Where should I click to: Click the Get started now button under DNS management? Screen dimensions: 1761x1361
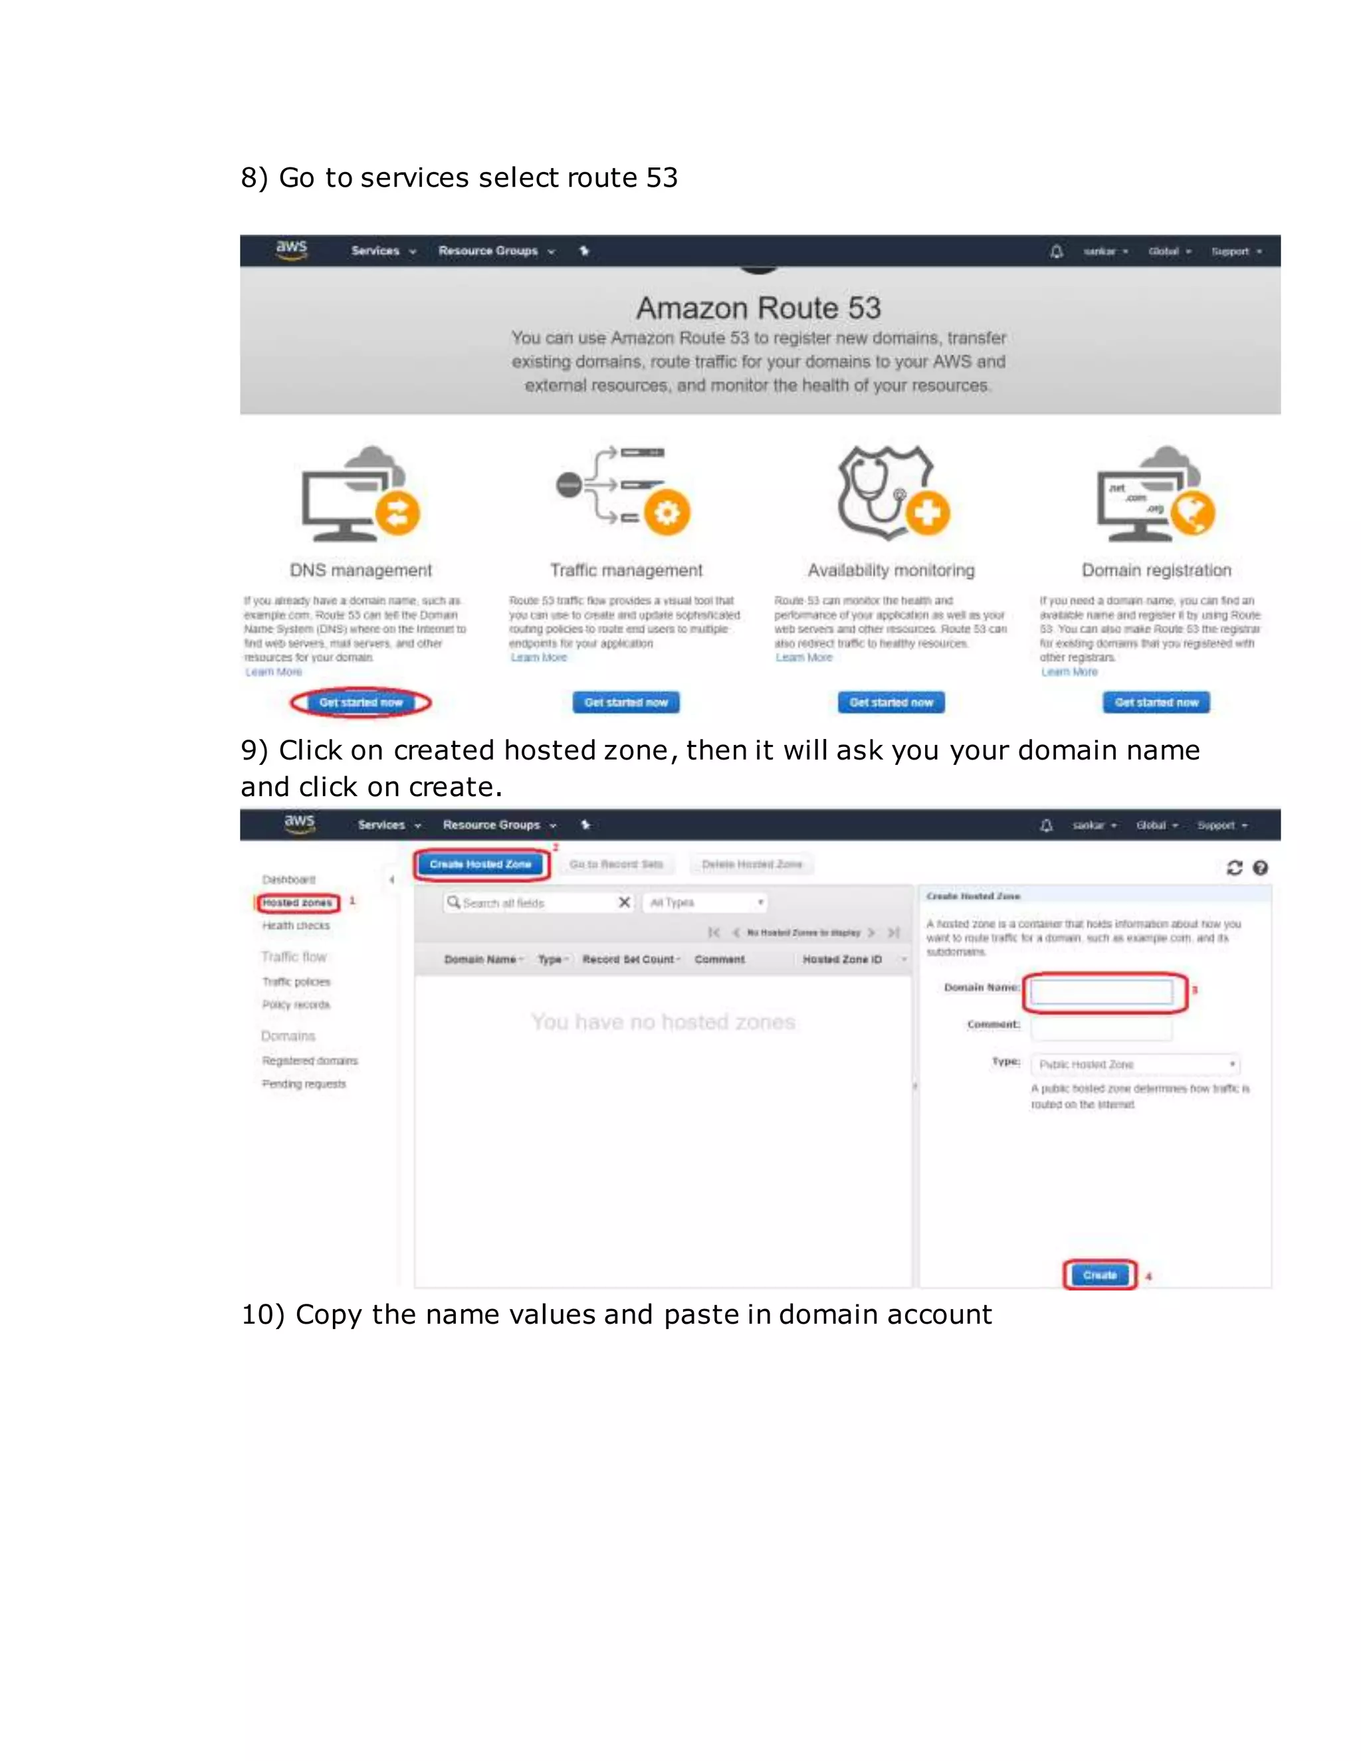pos(360,702)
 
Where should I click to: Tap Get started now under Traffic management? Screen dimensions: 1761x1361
pos(625,702)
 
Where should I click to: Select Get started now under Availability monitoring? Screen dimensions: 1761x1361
pos(891,702)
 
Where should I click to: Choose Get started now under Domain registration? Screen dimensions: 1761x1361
pos(1156,702)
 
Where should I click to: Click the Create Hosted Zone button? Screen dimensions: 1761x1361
pos(480,865)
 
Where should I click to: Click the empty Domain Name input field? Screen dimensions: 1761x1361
pos(1101,991)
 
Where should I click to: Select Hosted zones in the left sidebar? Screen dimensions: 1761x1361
pos(296,903)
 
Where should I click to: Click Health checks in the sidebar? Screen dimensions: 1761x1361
pos(296,926)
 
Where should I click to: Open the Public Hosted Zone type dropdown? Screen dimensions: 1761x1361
pos(1135,1065)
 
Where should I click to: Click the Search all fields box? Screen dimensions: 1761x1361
pos(532,903)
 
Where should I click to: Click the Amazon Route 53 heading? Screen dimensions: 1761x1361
pos(759,308)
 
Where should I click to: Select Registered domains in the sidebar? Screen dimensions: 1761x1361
pos(310,1061)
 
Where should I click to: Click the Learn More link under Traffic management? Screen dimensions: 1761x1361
pos(538,658)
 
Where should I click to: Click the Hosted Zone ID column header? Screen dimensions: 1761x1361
pos(843,960)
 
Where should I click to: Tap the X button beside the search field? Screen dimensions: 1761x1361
pos(624,902)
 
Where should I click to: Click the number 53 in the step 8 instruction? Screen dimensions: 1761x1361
pos(662,177)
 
